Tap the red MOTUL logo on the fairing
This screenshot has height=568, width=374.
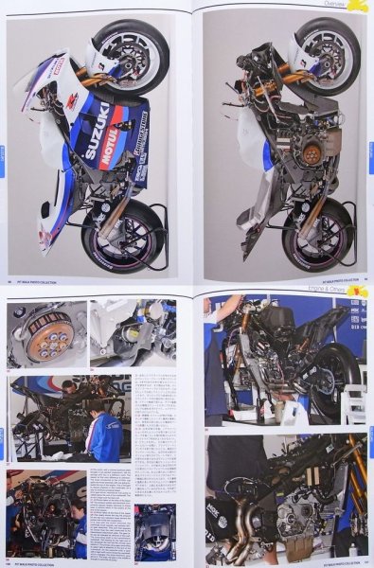coord(111,148)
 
